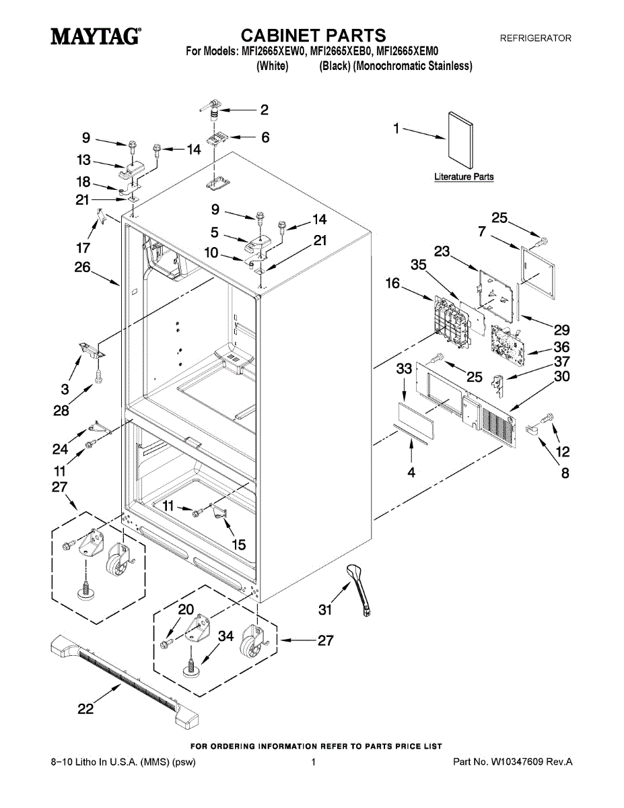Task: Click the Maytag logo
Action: pos(95,36)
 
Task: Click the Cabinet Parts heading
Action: pos(314,35)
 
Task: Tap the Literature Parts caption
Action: pos(464,177)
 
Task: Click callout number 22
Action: pos(85,708)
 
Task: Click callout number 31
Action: pos(326,610)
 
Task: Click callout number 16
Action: pos(392,285)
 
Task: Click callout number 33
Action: pos(404,369)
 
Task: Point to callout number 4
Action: pos(411,473)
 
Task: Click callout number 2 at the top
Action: pos(265,109)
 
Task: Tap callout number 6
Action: pos(265,137)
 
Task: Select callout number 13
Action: pos(83,160)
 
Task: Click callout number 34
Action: pos(226,636)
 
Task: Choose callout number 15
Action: pos(238,544)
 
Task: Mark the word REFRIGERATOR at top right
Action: pos(535,38)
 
